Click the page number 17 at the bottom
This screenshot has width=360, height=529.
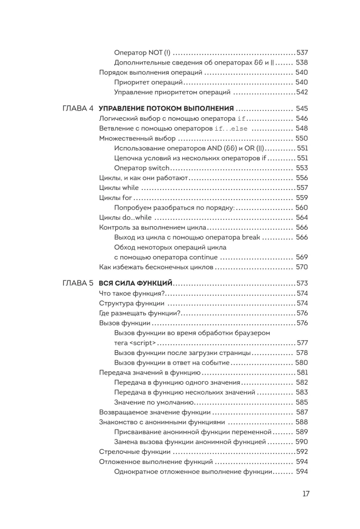point(306,494)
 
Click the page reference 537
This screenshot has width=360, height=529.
point(302,52)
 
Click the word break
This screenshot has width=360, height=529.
point(251,237)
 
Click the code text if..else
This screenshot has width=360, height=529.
point(233,129)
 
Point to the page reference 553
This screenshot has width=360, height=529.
point(302,168)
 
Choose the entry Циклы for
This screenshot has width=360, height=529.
point(115,198)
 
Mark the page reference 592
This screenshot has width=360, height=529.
point(302,452)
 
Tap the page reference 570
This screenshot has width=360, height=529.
point(302,267)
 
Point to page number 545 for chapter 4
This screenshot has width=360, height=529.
point(302,108)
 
